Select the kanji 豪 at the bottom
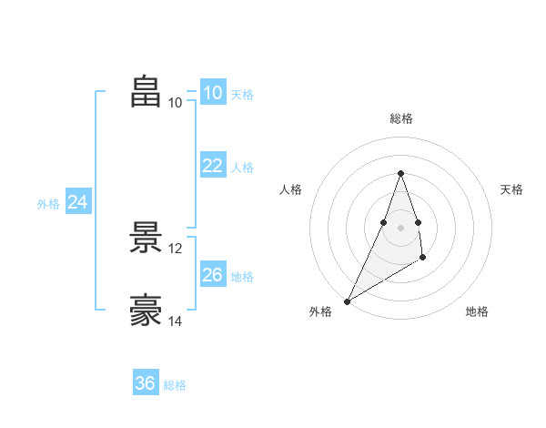pos(147,310)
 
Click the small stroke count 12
pos(176,248)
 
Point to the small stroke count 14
pos(176,321)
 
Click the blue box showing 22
pos(213,165)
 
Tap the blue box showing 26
pos(213,274)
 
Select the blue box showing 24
pos(78,202)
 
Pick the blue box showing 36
pos(146,383)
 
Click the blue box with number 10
pos(213,93)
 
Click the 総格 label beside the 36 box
pos(175,385)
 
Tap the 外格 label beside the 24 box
pos(48,204)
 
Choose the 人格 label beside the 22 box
pos(242,168)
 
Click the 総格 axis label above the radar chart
pos(400,118)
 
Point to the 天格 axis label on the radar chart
pos(512,189)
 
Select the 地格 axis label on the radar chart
pos(477,312)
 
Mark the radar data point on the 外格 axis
pos(348,301)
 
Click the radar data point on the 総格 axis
pos(400,173)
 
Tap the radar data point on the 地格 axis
pos(422,258)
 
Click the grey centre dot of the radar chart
pos(400,228)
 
